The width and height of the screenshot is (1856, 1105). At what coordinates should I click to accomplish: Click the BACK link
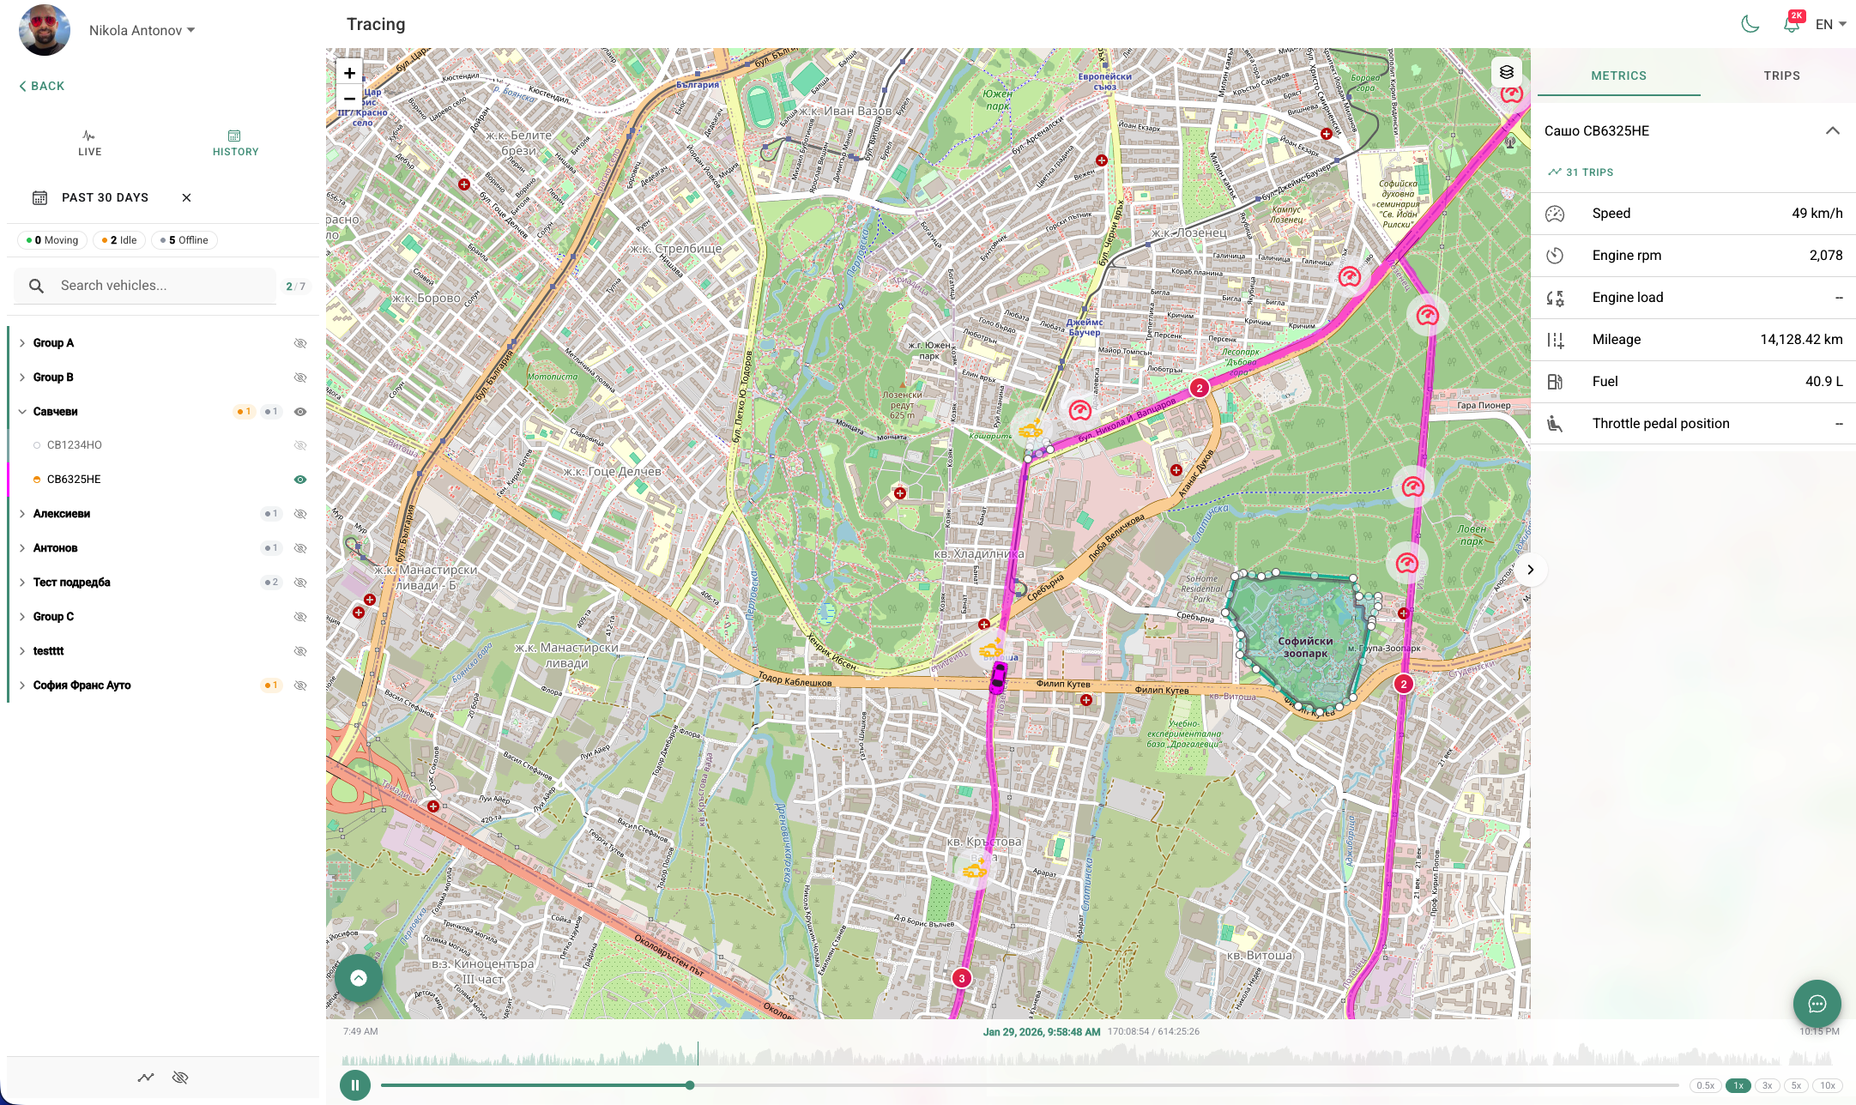42,86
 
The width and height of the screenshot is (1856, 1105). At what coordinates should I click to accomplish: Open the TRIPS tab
1781,75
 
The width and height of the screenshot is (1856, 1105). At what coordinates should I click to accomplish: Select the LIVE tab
89,142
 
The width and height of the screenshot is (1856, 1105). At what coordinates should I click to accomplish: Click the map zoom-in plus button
349,73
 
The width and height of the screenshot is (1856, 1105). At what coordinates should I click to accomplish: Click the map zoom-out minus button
349,99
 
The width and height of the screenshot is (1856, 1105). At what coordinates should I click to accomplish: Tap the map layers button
1506,72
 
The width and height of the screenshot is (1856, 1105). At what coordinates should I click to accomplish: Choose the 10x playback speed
1828,1085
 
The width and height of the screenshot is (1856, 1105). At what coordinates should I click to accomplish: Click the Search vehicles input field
163,286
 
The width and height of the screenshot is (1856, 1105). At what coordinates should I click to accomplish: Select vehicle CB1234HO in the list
75,445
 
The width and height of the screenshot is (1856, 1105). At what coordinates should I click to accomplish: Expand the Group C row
53,617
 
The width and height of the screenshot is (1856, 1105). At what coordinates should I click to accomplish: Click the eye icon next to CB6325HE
300,480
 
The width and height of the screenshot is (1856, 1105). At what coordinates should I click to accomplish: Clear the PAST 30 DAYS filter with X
186,197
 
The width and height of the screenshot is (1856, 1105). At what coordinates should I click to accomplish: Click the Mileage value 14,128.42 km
1801,340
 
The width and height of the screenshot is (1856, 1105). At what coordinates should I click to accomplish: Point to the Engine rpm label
1626,256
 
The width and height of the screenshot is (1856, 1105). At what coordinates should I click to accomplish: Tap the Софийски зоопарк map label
1305,647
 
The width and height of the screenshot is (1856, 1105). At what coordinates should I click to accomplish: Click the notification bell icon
1791,25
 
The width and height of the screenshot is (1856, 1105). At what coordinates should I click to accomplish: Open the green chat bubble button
1817,1004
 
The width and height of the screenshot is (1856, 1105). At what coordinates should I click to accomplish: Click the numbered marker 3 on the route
962,978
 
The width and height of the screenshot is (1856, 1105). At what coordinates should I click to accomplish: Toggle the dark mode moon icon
1750,24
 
